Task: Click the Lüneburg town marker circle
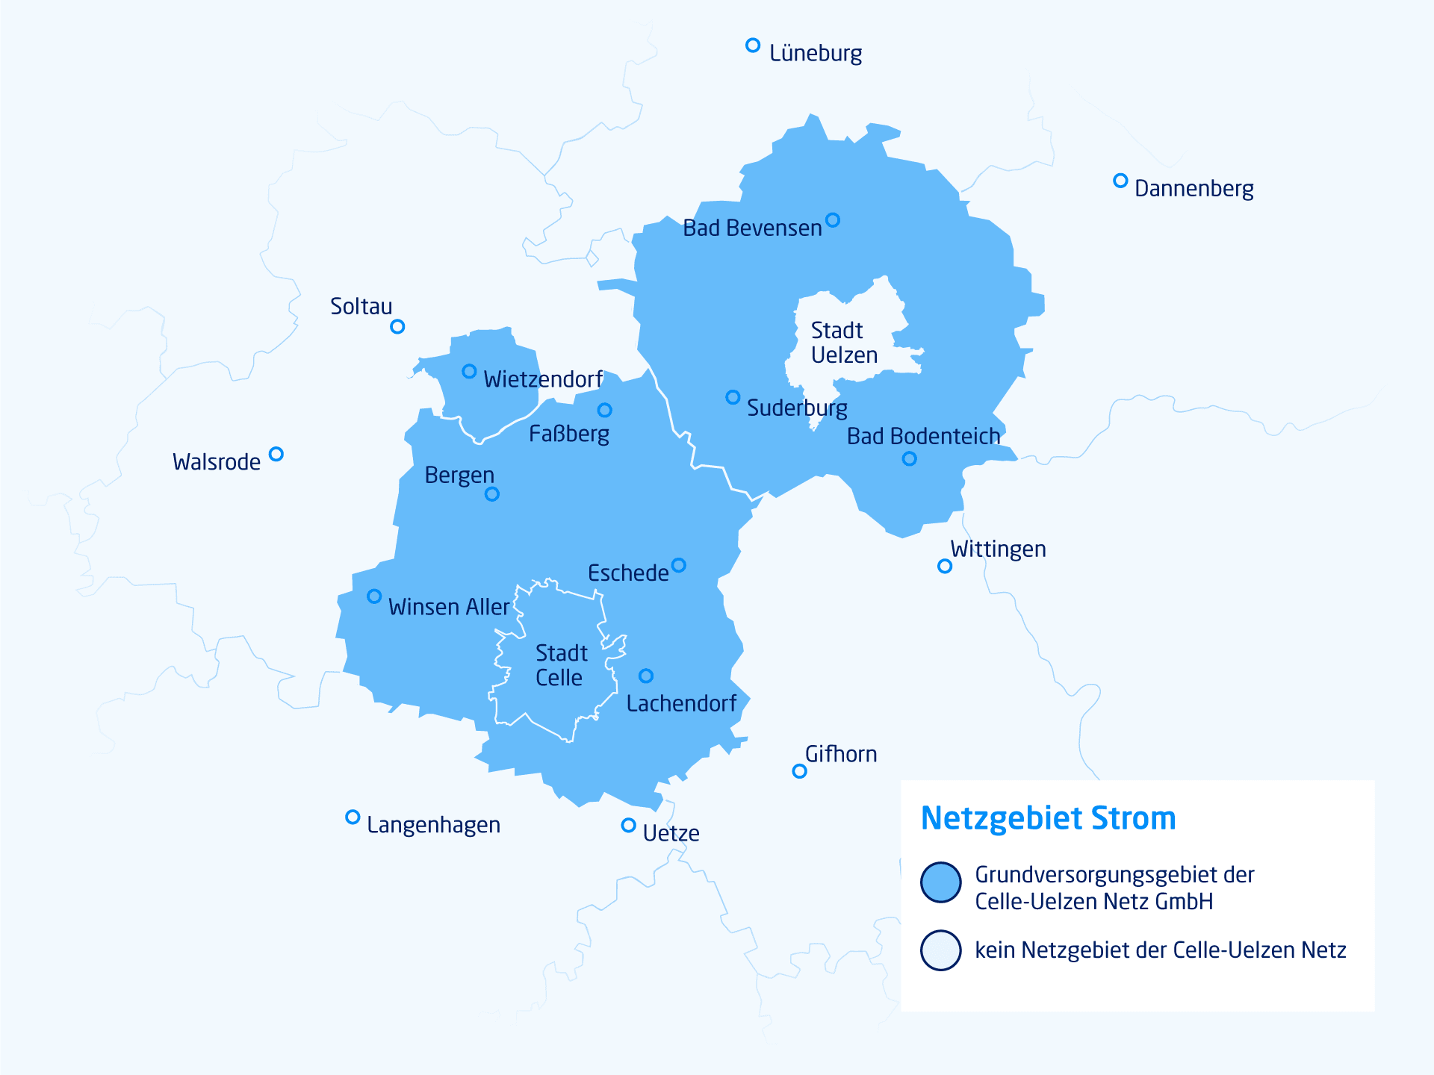tap(753, 46)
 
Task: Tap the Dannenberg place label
tap(1194, 188)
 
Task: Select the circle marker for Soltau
tap(397, 327)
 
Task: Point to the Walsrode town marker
tap(276, 454)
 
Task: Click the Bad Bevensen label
tap(751, 228)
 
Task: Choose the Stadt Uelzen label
tap(844, 343)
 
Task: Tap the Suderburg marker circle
tap(733, 397)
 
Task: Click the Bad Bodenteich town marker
tap(909, 459)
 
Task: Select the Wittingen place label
tap(998, 549)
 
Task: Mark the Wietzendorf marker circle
tap(469, 372)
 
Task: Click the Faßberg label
tap(569, 434)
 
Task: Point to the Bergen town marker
tap(492, 494)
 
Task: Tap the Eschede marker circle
tap(678, 565)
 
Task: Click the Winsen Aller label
tap(448, 607)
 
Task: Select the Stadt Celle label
tap(561, 665)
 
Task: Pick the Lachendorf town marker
tap(646, 676)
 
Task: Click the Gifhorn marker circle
tap(799, 771)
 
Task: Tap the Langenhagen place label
tap(433, 825)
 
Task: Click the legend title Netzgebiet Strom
tap(1048, 818)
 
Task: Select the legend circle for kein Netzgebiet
tap(940, 950)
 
